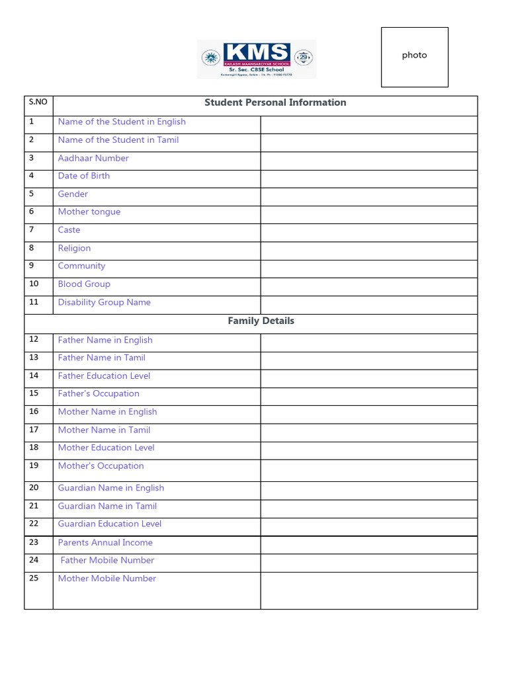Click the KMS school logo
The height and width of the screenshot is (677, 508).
257,59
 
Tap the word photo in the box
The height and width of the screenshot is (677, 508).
414,56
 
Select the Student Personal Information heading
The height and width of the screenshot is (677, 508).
275,102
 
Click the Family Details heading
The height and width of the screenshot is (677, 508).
261,321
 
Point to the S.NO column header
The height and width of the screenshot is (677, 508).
38,102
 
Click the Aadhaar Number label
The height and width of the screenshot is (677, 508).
93,158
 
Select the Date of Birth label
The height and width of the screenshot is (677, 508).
84,176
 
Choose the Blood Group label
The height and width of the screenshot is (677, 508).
84,284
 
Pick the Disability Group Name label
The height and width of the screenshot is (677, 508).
105,302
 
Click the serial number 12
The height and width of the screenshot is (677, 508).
34,339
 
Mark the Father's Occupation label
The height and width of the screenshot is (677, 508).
99,393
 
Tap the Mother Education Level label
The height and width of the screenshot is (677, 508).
106,448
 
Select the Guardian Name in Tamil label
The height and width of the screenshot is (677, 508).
107,506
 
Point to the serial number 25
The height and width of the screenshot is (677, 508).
34,578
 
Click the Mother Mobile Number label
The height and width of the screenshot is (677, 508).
107,578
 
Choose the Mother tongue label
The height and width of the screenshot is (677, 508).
89,212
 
